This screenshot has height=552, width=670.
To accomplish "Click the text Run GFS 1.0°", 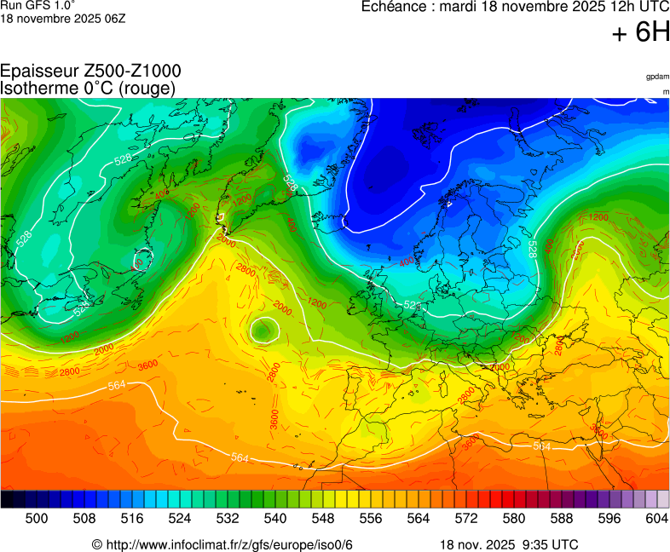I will click(x=32, y=5).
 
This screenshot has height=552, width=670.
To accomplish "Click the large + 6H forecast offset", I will click(x=641, y=32).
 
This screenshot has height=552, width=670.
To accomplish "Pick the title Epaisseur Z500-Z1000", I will click(x=90, y=72).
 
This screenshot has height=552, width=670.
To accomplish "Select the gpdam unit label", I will click(x=656, y=77).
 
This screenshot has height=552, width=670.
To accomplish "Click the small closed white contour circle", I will click(x=264, y=329).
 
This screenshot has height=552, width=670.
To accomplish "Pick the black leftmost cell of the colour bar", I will click(x=7, y=500).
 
